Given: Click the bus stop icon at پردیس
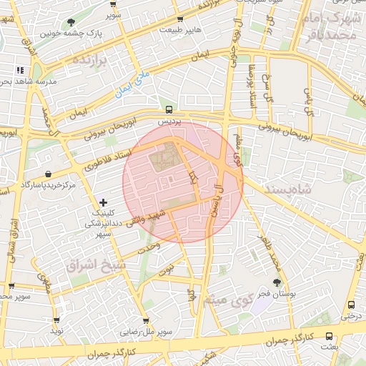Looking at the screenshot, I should point(169,109).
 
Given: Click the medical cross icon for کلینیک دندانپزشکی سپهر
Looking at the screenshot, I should point(105,203).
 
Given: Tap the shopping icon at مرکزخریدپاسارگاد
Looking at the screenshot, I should point(47,174).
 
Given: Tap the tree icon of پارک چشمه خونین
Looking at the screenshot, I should point(71,22).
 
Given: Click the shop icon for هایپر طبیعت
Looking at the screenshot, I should point(179,19).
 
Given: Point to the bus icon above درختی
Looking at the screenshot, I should point(350,305).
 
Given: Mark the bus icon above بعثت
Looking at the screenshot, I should point(329,335).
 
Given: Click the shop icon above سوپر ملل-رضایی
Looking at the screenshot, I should point(146,322).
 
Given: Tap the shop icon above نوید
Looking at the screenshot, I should point(56,320).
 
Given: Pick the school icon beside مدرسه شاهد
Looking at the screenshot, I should point(19,70).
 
